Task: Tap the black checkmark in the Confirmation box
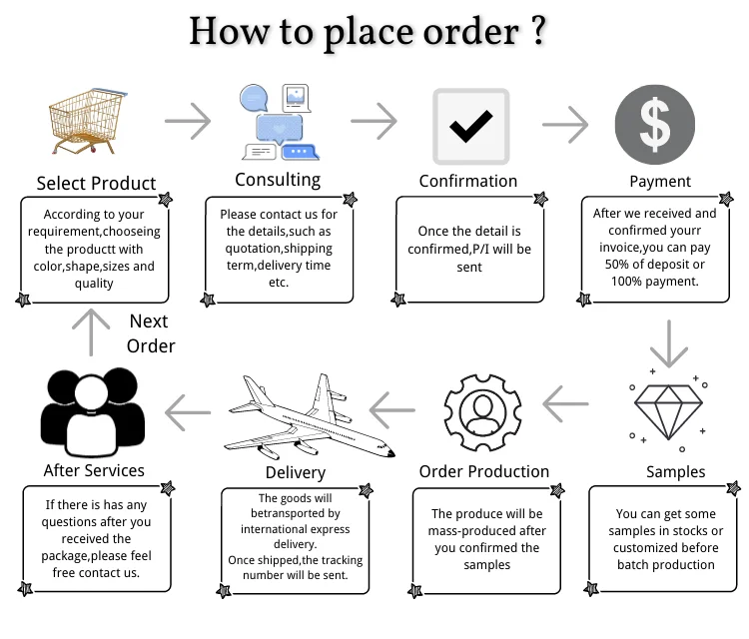(x=469, y=127)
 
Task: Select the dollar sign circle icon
(x=654, y=124)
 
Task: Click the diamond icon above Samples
(x=667, y=409)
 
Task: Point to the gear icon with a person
(x=483, y=410)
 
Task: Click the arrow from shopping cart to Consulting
(x=187, y=122)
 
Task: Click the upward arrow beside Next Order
(x=92, y=332)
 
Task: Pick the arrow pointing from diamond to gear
(x=566, y=405)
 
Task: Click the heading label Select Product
(x=96, y=183)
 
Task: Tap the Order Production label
(x=483, y=471)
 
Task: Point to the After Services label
(x=94, y=470)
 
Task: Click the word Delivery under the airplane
(x=296, y=472)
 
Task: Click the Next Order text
(x=150, y=333)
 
